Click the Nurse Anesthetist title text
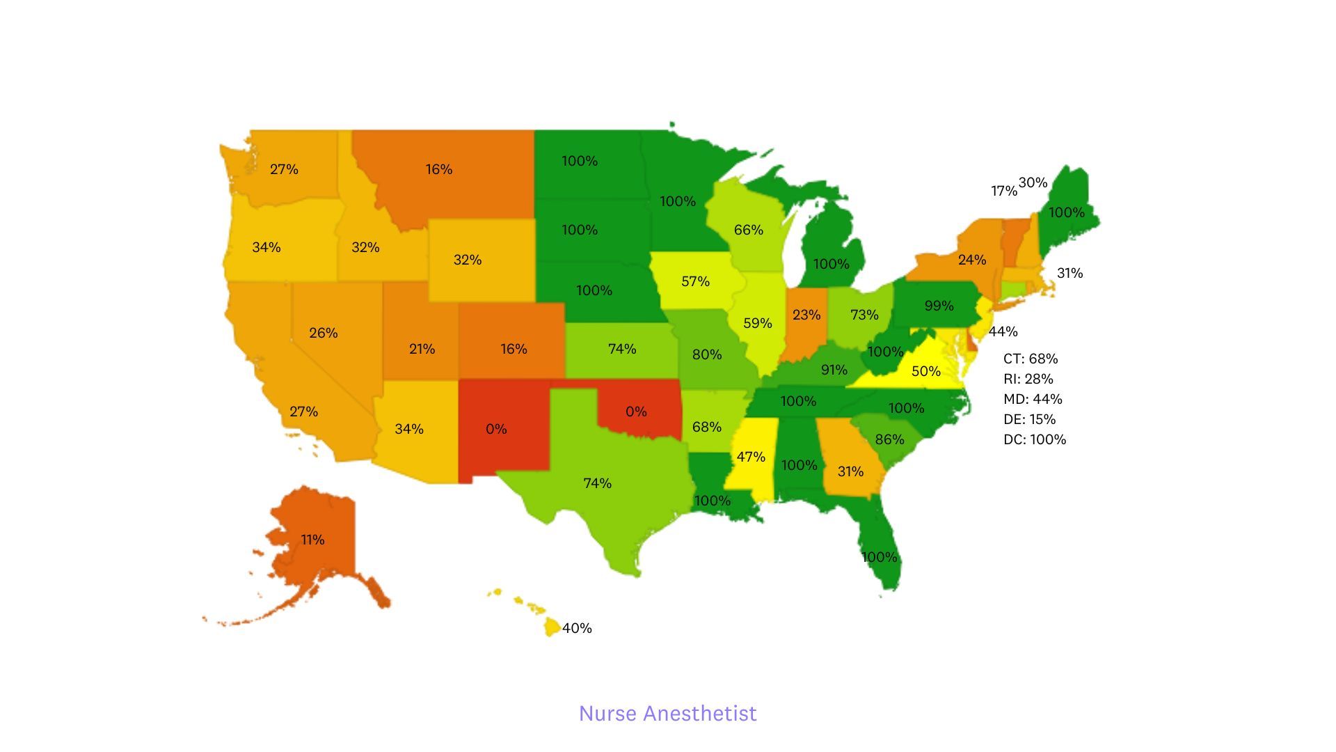[x=667, y=713]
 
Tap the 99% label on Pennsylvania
[x=939, y=306]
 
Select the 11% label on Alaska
[x=312, y=540]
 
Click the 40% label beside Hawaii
[x=577, y=628]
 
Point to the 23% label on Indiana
[x=806, y=315]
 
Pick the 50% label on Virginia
[x=925, y=371]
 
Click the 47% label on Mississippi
[x=751, y=457]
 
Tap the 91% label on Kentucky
[x=834, y=370]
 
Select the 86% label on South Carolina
[x=889, y=439]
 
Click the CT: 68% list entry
[x=1031, y=359]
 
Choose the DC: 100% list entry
[x=1035, y=439]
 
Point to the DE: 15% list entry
[x=1029, y=419]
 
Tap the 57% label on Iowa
[x=695, y=281]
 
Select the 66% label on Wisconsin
[x=748, y=230]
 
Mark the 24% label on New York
[x=971, y=260]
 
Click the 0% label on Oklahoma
[x=636, y=412]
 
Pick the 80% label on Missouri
[x=706, y=354]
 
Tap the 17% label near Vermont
[x=1003, y=191]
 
